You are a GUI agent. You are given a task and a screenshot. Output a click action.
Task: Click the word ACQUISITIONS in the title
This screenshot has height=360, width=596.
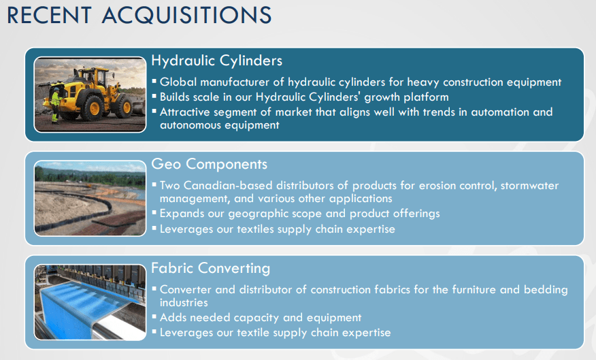tap(186, 15)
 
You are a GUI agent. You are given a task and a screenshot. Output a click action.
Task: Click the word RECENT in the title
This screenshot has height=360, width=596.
tap(49, 15)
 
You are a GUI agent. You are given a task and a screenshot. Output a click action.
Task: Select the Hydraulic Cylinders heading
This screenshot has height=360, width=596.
tap(216, 61)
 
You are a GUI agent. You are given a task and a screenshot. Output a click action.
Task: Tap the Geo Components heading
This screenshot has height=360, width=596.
tap(209, 164)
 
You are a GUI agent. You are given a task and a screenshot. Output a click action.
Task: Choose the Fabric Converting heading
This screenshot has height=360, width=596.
tap(211, 268)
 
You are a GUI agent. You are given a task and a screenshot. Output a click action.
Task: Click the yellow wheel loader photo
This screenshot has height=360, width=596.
tap(90, 95)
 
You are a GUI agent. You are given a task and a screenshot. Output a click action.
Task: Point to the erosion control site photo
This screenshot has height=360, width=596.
tap(90, 198)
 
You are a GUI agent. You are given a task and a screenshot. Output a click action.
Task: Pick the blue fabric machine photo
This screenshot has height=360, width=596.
tap(90, 302)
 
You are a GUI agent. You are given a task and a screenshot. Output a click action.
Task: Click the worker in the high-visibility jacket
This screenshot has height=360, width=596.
tap(56, 105)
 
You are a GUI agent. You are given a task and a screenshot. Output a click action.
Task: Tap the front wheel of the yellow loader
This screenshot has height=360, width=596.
tap(92, 109)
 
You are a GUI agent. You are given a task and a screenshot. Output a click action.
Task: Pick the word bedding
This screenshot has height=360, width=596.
tap(546, 290)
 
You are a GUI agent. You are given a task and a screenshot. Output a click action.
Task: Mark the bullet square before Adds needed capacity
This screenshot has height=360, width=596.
tap(154, 316)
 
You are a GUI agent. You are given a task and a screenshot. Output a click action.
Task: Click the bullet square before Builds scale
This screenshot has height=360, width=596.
tap(154, 96)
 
